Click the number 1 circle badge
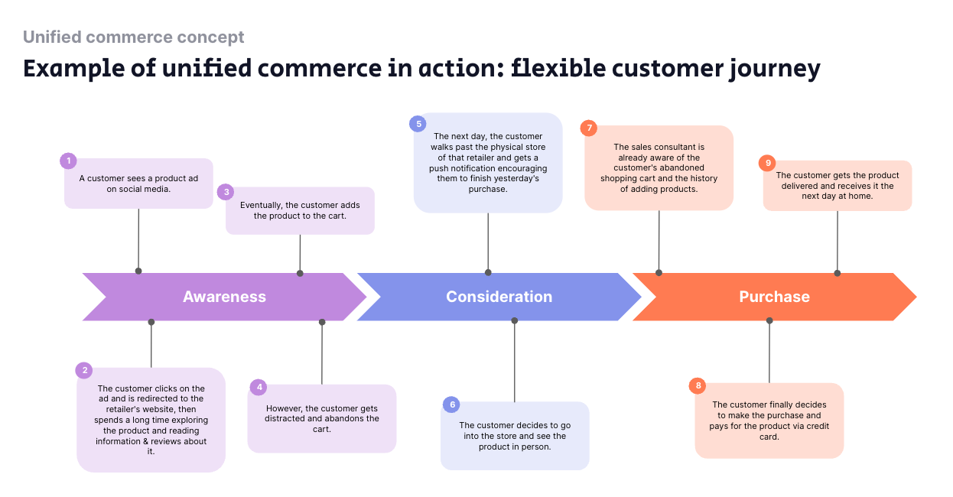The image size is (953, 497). click(69, 161)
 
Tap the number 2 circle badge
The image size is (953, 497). click(84, 370)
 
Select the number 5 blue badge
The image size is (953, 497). click(418, 123)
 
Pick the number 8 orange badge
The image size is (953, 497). click(698, 385)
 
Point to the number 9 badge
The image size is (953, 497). click(767, 163)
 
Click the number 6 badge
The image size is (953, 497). click(452, 404)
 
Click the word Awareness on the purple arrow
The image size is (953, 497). click(224, 297)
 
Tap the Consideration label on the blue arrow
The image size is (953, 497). click(499, 297)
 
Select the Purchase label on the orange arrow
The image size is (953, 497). click(774, 297)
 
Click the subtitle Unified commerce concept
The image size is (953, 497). click(134, 37)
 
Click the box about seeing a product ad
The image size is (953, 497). click(138, 184)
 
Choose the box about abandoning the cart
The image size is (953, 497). click(322, 418)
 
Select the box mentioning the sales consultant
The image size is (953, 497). click(659, 168)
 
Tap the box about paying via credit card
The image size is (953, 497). click(769, 421)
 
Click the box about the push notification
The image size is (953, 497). click(488, 163)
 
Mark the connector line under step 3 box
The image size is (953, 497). click(300, 253)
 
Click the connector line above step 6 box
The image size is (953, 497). click(515, 361)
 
